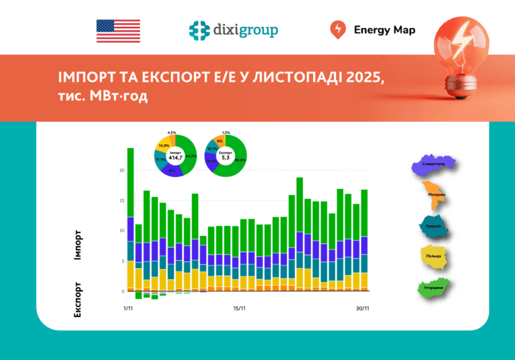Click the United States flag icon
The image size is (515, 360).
pyautogui.click(x=118, y=31)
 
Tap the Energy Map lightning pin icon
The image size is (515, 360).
pyautogui.click(x=338, y=30)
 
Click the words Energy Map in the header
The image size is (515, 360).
pyautogui.click(x=384, y=30)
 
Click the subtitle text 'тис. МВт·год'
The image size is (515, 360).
pyautogui.click(x=103, y=96)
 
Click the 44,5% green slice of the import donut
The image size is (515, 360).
pyautogui.click(x=191, y=154)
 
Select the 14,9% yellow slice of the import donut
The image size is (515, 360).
pyautogui.click(x=163, y=145)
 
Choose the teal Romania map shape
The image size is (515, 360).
pyautogui.click(x=433, y=226)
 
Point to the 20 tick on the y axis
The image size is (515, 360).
pyautogui.click(x=122, y=170)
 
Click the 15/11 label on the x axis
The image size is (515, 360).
pyautogui.click(x=239, y=308)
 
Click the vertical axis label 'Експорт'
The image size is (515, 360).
pyautogui.click(x=78, y=298)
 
